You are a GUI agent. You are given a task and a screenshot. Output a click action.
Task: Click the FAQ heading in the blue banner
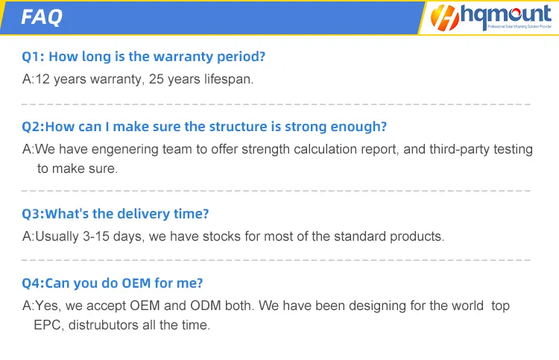tap(42, 17)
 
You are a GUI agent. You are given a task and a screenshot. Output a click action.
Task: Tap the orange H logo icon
tap(444, 17)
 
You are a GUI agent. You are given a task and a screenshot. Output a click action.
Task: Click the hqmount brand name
tap(506, 15)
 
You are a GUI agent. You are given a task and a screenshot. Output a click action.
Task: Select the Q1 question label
tap(33, 57)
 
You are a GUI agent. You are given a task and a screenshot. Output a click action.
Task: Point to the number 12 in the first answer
tap(42, 79)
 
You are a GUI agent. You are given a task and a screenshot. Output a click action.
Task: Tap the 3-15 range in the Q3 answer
tap(96, 236)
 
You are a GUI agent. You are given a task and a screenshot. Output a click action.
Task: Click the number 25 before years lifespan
tap(157, 79)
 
